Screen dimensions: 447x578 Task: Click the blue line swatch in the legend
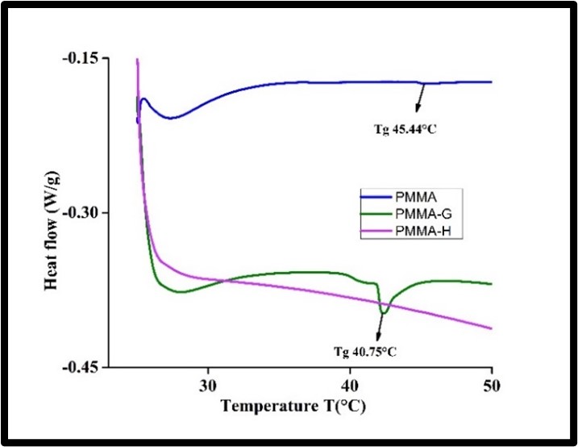pyautogui.click(x=358, y=197)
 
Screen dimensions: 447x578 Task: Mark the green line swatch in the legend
pyautogui.click(x=358, y=214)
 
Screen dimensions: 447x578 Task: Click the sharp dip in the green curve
pyautogui.click(x=384, y=312)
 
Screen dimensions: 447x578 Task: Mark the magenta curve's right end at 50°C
pyautogui.click(x=491, y=328)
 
